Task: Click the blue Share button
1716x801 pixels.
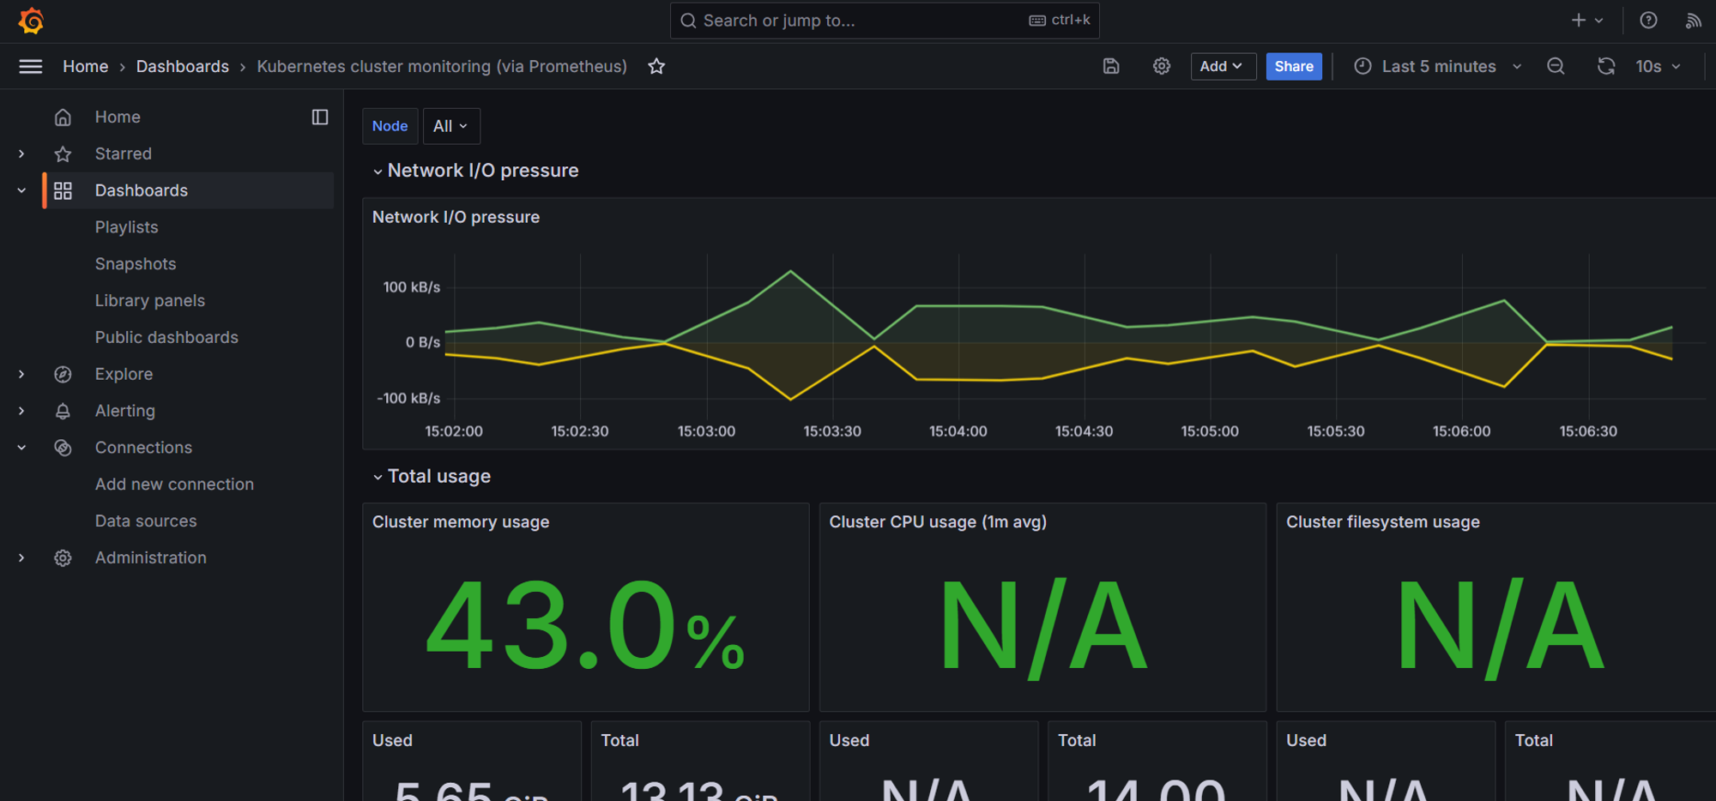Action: click(1293, 66)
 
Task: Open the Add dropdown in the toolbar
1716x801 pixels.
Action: click(1222, 66)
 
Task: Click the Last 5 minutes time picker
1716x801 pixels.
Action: click(1438, 66)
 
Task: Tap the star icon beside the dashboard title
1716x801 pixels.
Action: click(656, 66)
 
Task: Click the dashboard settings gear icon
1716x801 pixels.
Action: click(1161, 66)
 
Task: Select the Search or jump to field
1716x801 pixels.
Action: click(884, 21)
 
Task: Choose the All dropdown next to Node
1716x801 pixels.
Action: click(450, 126)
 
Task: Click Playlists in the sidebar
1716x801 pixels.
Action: click(126, 227)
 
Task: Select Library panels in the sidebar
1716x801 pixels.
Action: click(149, 301)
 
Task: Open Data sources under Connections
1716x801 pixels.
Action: click(145, 521)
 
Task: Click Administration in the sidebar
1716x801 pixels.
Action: click(150, 558)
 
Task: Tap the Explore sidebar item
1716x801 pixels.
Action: click(124, 375)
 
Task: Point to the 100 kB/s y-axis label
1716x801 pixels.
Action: click(411, 287)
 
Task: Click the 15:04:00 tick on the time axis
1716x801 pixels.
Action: click(958, 431)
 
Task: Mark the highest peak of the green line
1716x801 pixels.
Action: click(790, 272)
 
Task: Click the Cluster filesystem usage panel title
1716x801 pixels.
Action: click(1382, 522)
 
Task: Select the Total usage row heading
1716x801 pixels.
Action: click(438, 477)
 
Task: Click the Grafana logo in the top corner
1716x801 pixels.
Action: click(31, 21)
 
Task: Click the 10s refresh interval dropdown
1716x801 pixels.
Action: click(1658, 66)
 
